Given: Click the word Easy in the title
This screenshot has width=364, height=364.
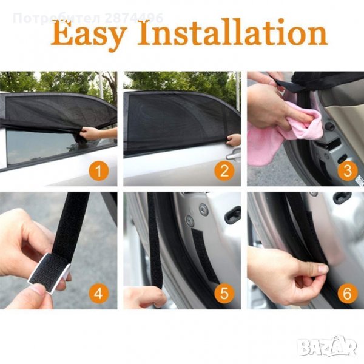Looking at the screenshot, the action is click(x=89, y=35).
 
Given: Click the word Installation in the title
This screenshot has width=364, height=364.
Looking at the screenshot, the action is click(x=232, y=33).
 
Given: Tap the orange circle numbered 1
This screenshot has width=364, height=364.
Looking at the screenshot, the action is click(x=99, y=171).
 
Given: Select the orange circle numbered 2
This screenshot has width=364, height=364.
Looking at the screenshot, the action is click(x=224, y=171).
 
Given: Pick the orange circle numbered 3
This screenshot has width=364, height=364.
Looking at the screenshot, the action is click(x=348, y=171).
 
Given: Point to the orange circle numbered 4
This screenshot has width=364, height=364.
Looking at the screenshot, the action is click(x=99, y=293).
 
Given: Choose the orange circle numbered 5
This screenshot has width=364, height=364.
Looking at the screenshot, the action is click(x=224, y=293).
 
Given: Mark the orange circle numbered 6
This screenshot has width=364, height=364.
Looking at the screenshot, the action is click(x=348, y=293).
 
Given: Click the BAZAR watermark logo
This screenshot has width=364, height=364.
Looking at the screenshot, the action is click(x=328, y=346).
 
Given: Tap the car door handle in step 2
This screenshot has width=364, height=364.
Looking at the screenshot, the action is click(x=234, y=154).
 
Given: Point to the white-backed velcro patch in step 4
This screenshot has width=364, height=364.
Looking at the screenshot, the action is click(x=49, y=271).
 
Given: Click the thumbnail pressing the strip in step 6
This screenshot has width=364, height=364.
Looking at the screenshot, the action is click(x=323, y=269).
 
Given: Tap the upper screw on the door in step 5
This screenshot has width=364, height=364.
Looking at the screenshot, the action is click(x=204, y=209).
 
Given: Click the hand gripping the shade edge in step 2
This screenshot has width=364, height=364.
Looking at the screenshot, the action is click(x=234, y=140).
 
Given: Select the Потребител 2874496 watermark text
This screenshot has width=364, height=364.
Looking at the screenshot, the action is click(x=88, y=18).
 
